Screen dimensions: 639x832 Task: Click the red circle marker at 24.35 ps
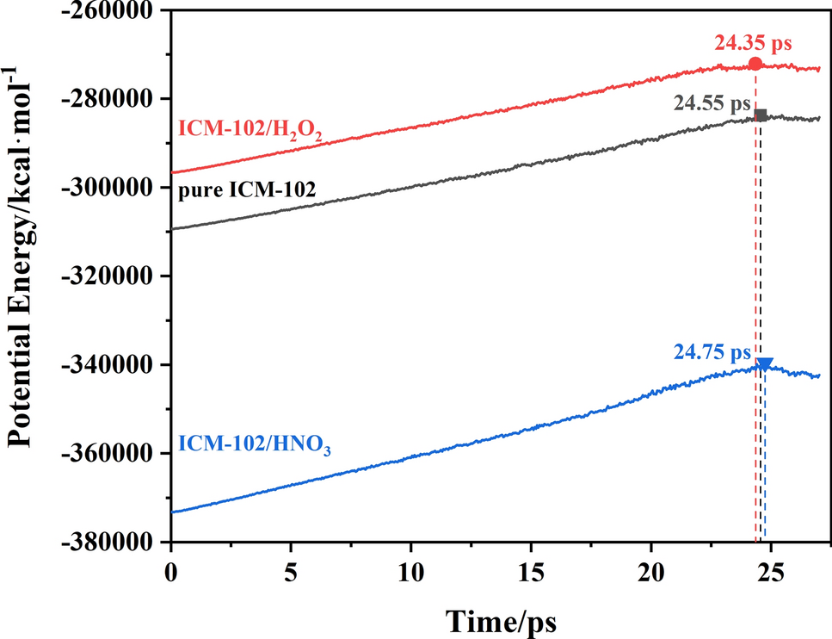[755, 64]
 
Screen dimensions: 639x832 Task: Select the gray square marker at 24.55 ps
[761, 115]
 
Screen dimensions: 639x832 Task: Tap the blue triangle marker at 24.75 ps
[765, 364]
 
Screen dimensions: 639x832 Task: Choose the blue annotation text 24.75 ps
[712, 353]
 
